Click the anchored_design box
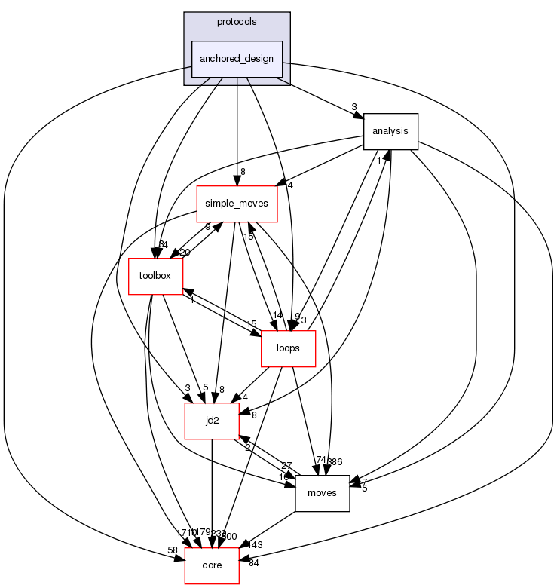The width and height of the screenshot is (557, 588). [x=237, y=59]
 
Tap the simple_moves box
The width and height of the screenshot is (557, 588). [x=237, y=204]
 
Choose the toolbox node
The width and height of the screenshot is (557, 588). [x=155, y=276]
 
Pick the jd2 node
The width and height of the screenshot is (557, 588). [x=212, y=421]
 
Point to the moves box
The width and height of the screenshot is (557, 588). [x=322, y=493]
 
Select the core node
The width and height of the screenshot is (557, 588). [x=212, y=565]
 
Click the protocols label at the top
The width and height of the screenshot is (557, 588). [x=237, y=22]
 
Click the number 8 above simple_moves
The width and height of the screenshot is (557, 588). [x=243, y=173]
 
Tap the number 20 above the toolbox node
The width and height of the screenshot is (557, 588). [x=184, y=253]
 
